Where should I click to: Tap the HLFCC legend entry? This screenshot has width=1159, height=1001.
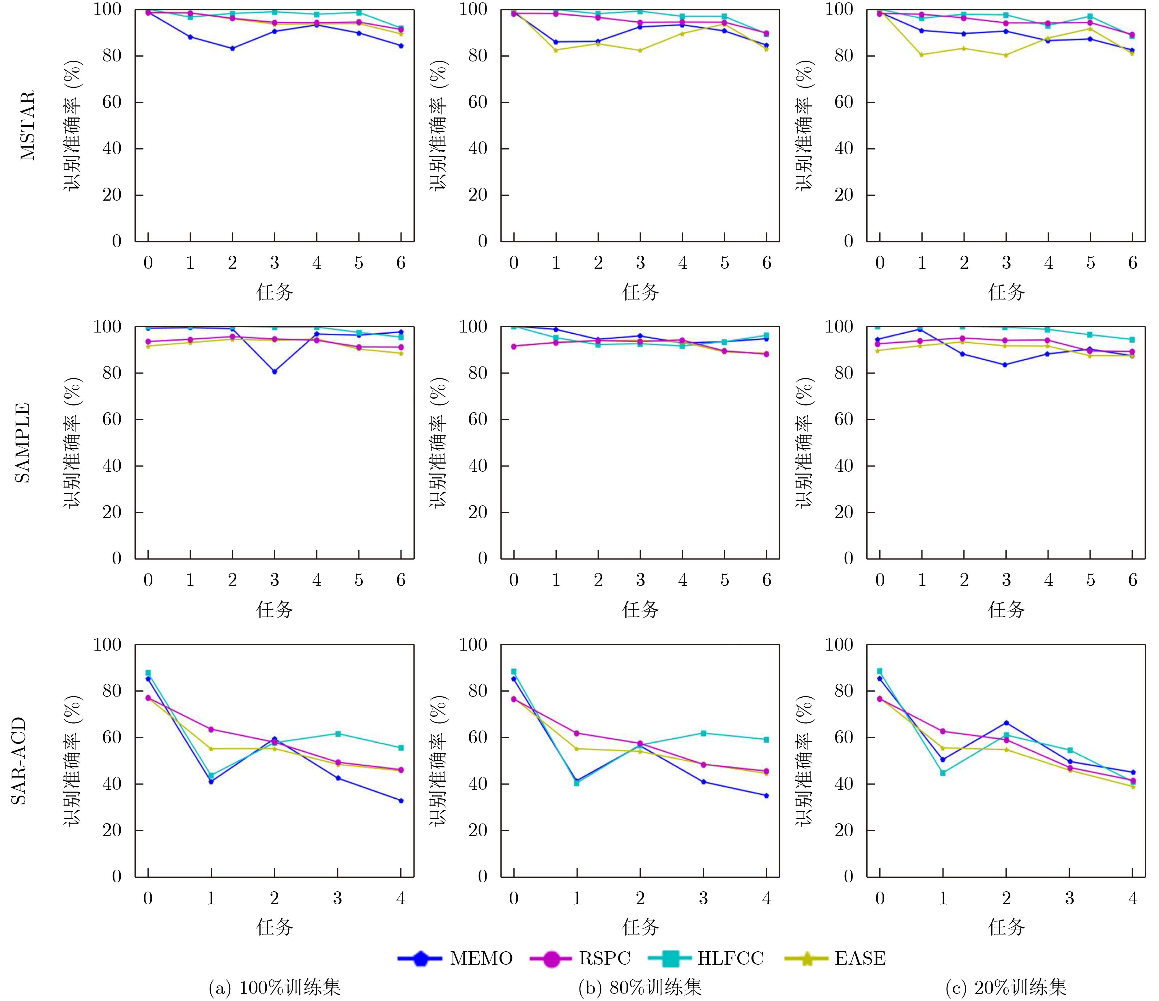point(706,958)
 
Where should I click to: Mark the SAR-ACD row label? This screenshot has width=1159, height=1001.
point(20,760)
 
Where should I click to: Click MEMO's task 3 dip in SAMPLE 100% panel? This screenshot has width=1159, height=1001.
point(275,371)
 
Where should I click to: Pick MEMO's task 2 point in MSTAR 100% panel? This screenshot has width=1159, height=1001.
point(232,48)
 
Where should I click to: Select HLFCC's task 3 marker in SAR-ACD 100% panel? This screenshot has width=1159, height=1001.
point(338,733)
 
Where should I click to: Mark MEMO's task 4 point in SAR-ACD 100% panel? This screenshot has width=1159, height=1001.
point(401,801)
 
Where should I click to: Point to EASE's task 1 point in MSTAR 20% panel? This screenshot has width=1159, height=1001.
point(922,54)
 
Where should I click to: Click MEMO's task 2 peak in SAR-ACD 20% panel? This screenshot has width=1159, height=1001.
point(1006,723)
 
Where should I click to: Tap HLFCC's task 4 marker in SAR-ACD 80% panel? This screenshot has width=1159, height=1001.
point(766,740)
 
